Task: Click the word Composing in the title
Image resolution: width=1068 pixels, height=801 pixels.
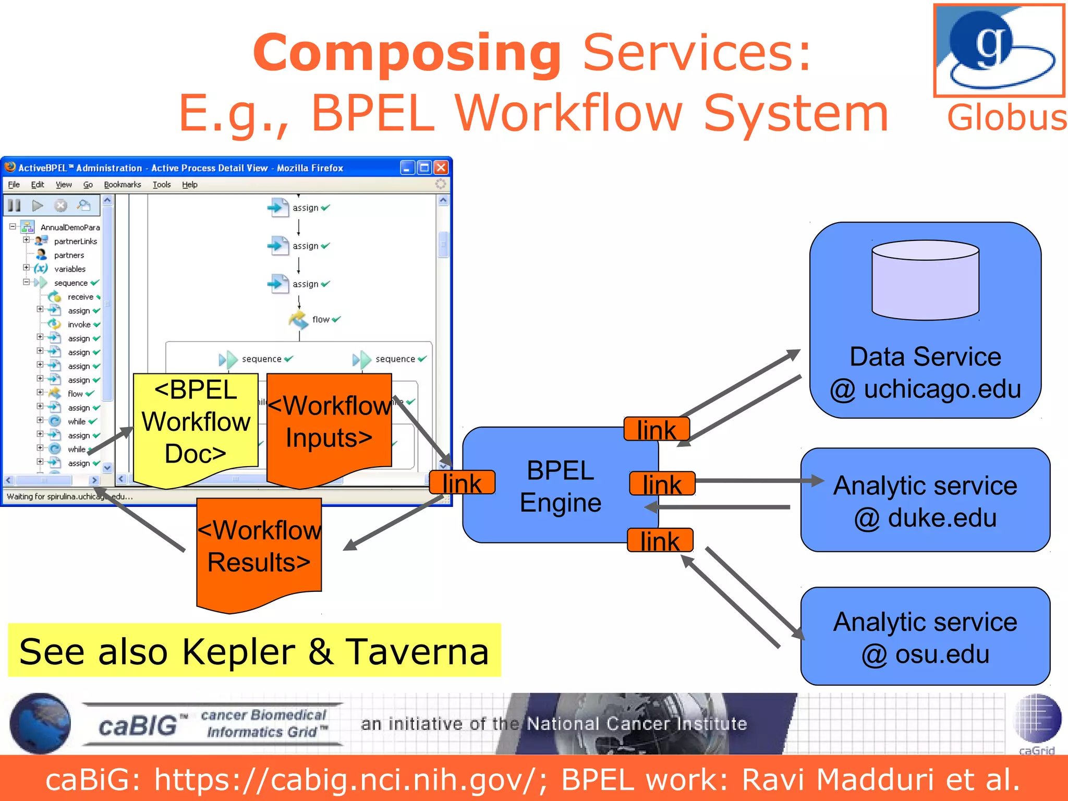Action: [407, 53]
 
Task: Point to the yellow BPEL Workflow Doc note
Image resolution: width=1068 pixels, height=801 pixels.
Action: [196, 422]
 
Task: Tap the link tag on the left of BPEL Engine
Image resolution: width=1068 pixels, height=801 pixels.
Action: [462, 483]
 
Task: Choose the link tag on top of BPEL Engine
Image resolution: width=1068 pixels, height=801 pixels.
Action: [657, 430]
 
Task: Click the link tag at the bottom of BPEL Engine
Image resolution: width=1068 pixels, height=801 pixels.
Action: [660, 541]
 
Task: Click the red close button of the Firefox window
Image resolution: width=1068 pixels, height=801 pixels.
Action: [441, 167]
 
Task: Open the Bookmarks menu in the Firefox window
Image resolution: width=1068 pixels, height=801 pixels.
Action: [123, 185]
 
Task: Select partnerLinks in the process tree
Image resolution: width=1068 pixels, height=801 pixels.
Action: [75, 241]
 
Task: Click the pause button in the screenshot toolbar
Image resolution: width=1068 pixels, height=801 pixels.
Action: [15, 205]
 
